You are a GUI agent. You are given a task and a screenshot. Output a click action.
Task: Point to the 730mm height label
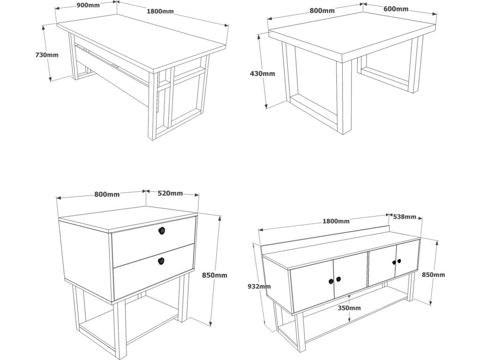tap(47, 55)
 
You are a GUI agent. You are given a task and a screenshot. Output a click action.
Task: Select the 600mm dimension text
tap(396, 9)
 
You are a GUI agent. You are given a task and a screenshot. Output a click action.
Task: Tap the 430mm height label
tap(262, 73)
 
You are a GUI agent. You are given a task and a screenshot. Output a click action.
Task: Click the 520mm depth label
tap(170, 193)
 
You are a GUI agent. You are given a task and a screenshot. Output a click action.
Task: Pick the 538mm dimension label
tap(404, 217)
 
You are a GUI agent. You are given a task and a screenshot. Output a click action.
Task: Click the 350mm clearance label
tap(349, 308)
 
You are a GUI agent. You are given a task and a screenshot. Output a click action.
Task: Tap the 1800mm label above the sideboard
tap(337, 221)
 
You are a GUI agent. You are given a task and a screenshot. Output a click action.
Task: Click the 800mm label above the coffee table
tap(322, 10)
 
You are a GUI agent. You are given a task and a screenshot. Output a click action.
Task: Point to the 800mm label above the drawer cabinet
tap(107, 194)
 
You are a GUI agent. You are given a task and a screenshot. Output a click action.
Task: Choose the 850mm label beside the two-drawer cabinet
tap(215, 275)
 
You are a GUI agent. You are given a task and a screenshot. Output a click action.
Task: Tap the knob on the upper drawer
tap(162, 230)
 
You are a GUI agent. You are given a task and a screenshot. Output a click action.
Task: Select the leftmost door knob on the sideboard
tap(331, 281)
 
